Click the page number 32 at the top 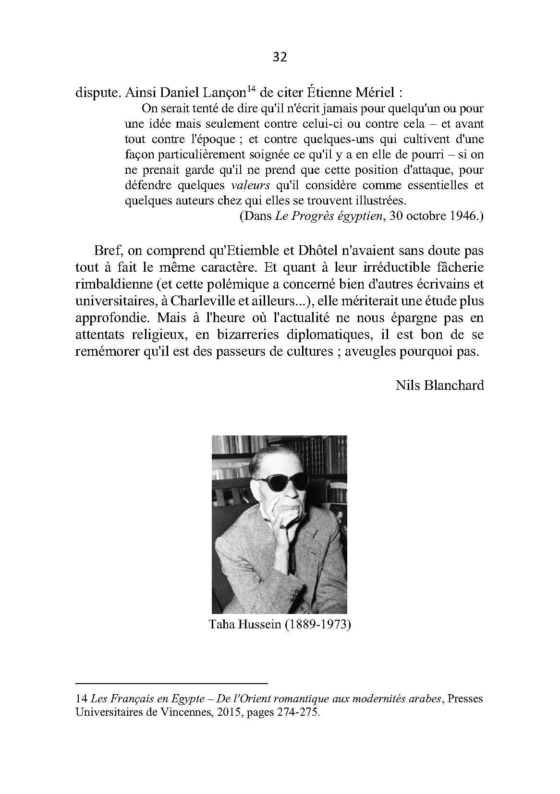(x=280, y=58)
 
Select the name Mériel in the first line (x=370, y=92)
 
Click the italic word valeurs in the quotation (x=250, y=185)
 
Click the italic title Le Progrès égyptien (x=329, y=216)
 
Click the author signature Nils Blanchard (x=439, y=385)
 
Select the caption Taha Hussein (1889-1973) (x=280, y=625)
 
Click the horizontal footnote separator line (x=171, y=683)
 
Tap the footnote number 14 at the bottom (x=81, y=699)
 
